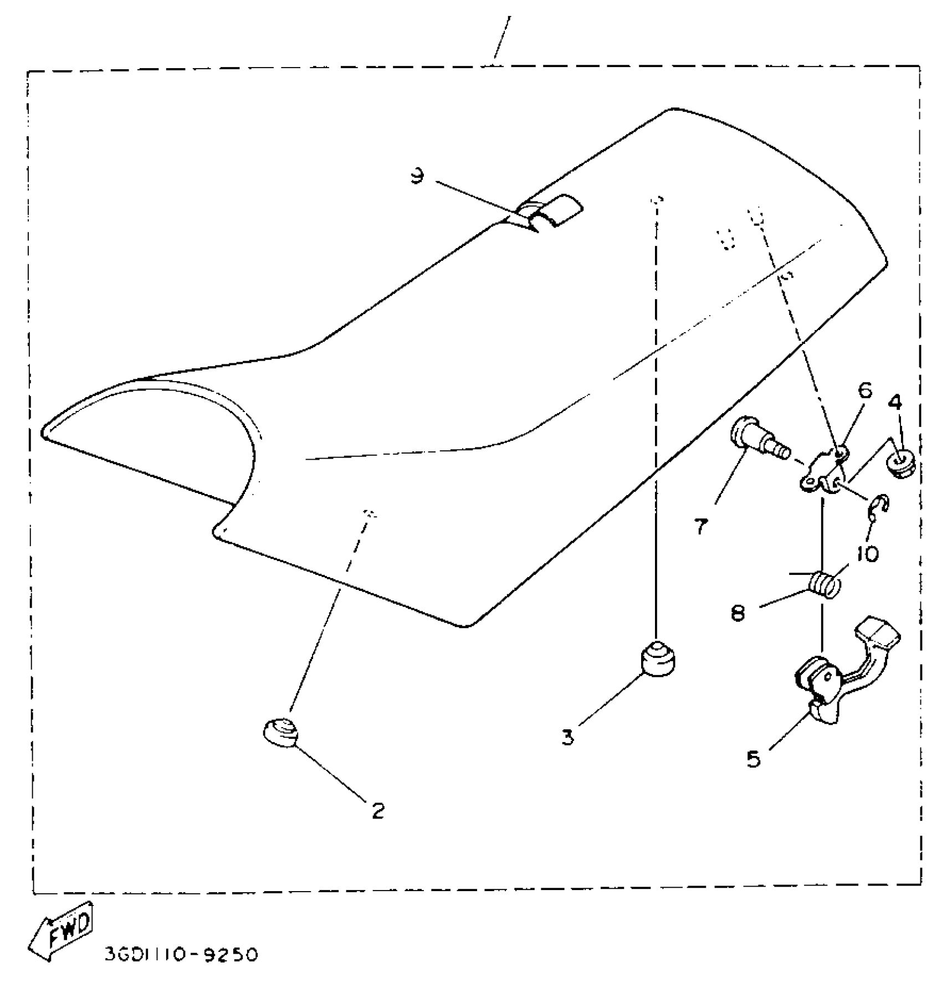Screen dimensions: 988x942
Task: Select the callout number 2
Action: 378,811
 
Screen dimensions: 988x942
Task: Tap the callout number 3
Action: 568,737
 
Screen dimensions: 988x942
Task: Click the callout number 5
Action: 754,759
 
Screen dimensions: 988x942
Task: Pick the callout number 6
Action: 864,391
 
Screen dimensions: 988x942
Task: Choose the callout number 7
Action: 701,527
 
